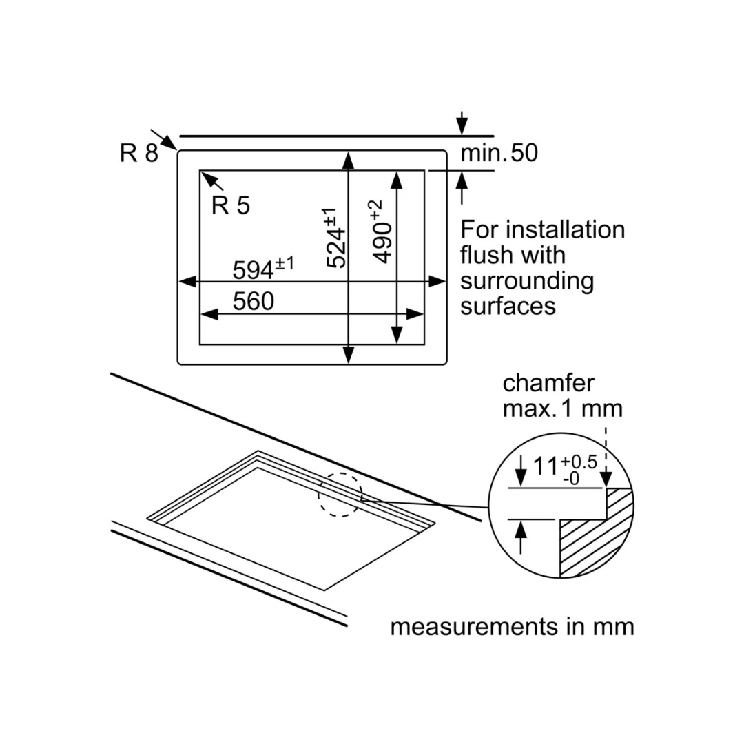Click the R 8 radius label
pyautogui.click(x=138, y=153)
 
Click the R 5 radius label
pyautogui.click(x=231, y=205)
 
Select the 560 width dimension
pyautogui.click(x=253, y=301)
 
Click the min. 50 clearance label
pyautogui.click(x=499, y=153)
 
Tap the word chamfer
pyautogui.click(x=548, y=383)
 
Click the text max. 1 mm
pyautogui.click(x=562, y=409)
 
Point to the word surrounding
pyautogui.click(x=527, y=280)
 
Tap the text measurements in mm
pyautogui.click(x=512, y=627)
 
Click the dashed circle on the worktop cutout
pyautogui.click(x=340, y=494)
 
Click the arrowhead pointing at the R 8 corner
pyautogui.click(x=167, y=143)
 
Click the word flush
pyautogui.click(x=486, y=255)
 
